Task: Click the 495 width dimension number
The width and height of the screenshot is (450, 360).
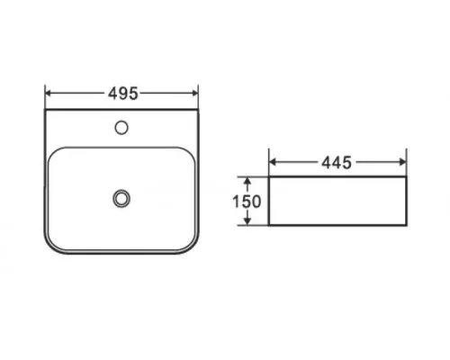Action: [x=123, y=94]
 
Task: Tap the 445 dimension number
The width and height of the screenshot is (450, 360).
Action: [x=337, y=163]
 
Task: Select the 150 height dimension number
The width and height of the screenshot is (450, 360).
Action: [x=247, y=202]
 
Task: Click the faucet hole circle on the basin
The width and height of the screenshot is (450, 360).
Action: [x=121, y=128]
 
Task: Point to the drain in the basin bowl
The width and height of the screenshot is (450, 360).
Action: [x=121, y=199]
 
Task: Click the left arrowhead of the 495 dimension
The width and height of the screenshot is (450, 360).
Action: [x=49, y=94]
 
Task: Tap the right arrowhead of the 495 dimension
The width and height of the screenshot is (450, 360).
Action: [x=194, y=94]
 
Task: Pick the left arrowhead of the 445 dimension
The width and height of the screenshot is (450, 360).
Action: [x=273, y=162]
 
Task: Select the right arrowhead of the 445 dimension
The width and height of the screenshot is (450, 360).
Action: [x=402, y=162]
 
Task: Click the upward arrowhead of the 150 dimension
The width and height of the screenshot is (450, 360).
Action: [x=247, y=181]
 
